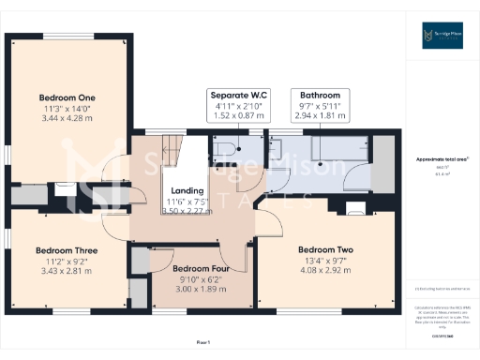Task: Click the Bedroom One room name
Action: click(x=67, y=97)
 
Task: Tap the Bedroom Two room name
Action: click(x=325, y=249)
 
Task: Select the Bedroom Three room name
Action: click(x=67, y=250)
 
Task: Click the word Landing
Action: click(x=187, y=190)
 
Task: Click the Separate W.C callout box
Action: click(x=239, y=106)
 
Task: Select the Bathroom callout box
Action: click(x=320, y=106)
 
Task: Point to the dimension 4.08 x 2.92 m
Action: click(x=325, y=272)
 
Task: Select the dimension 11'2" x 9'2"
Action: click(x=67, y=262)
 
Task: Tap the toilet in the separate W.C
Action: click(x=225, y=149)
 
